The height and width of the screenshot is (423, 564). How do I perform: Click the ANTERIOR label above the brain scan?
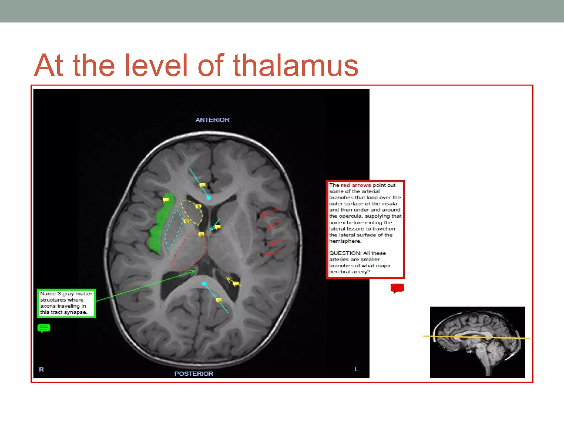coord(212,120)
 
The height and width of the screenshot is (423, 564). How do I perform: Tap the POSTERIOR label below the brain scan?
coord(194,373)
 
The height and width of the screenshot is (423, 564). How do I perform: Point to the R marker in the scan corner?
coord(41,369)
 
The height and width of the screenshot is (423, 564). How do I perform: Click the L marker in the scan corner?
coord(356,369)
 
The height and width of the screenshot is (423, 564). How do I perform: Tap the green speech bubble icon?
coord(44,328)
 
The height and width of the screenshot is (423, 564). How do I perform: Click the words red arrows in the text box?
coord(356,185)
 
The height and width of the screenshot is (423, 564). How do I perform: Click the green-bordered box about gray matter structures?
coord(66,303)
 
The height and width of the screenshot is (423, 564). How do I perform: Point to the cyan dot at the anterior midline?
coord(209,197)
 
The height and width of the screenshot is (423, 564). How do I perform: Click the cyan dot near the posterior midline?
coord(204,284)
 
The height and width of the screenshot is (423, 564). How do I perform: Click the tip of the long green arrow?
coord(195,271)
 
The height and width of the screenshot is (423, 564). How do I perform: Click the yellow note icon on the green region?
coord(166,200)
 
